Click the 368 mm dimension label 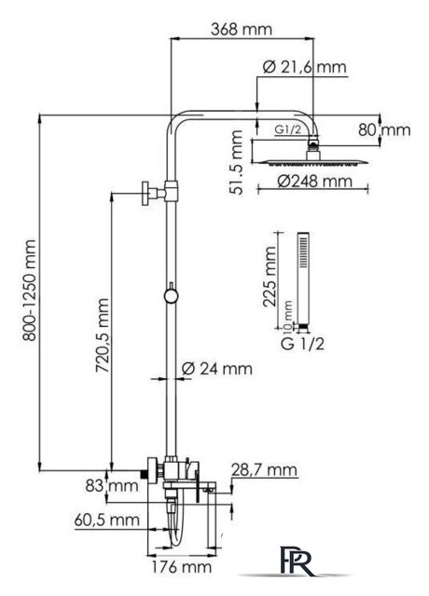[x=242, y=29]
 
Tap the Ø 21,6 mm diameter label [x=305, y=67]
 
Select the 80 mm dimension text [x=384, y=130]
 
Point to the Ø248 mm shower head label [x=314, y=181]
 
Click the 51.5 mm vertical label [x=236, y=162]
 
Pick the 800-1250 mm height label [x=29, y=290]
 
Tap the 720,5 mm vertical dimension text [x=102, y=335]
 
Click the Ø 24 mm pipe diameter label [x=216, y=369]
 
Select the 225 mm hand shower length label [x=270, y=277]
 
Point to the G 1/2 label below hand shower [x=302, y=344]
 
